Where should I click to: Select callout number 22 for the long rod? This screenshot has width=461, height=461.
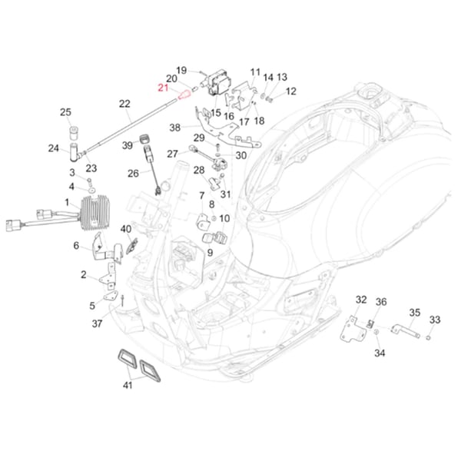(125, 103)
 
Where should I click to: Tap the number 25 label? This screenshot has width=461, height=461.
(65, 113)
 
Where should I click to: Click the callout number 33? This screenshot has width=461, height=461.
(434, 320)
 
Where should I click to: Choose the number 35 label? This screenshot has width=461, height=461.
(414, 313)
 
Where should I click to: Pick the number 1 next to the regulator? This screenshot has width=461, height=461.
(67, 202)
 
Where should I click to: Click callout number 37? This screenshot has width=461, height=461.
(97, 323)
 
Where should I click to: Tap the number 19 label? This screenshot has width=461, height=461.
(181, 70)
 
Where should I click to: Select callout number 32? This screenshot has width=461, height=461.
(361, 300)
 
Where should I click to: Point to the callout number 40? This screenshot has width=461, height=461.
(126, 228)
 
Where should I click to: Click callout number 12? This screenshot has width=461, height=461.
(290, 91)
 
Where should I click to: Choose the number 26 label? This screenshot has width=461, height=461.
(134, 173)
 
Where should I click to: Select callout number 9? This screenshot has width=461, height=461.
(210, 252)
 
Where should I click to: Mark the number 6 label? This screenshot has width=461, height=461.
(76, 246)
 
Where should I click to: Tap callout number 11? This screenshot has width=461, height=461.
(255, 71)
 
